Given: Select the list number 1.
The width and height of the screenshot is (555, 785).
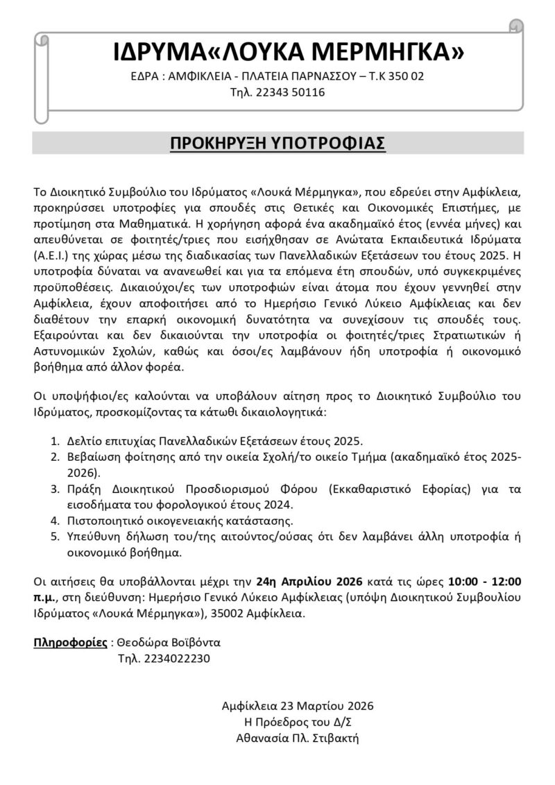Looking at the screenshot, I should [55, 441].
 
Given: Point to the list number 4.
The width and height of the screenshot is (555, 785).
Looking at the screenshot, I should [55, 519].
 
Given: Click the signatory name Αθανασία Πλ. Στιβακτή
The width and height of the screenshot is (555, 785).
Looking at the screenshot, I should [298, 738].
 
